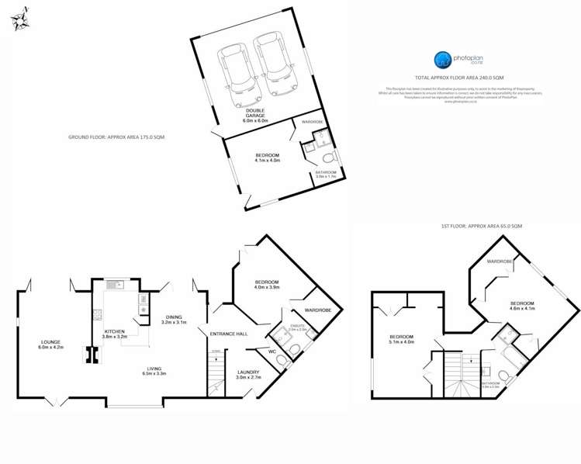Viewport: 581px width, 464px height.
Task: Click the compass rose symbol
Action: click(21, 19)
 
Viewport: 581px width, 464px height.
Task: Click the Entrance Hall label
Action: click(232, 333)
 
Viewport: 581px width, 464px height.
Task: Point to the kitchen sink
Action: click(115, 284)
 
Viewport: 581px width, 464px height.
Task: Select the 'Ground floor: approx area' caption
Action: click(116, 137)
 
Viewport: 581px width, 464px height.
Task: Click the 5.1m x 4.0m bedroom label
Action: click(402, 338)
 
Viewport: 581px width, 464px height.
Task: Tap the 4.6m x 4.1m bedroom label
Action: click(523, 305)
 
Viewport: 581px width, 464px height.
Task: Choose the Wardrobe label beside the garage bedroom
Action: click(313, 123)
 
